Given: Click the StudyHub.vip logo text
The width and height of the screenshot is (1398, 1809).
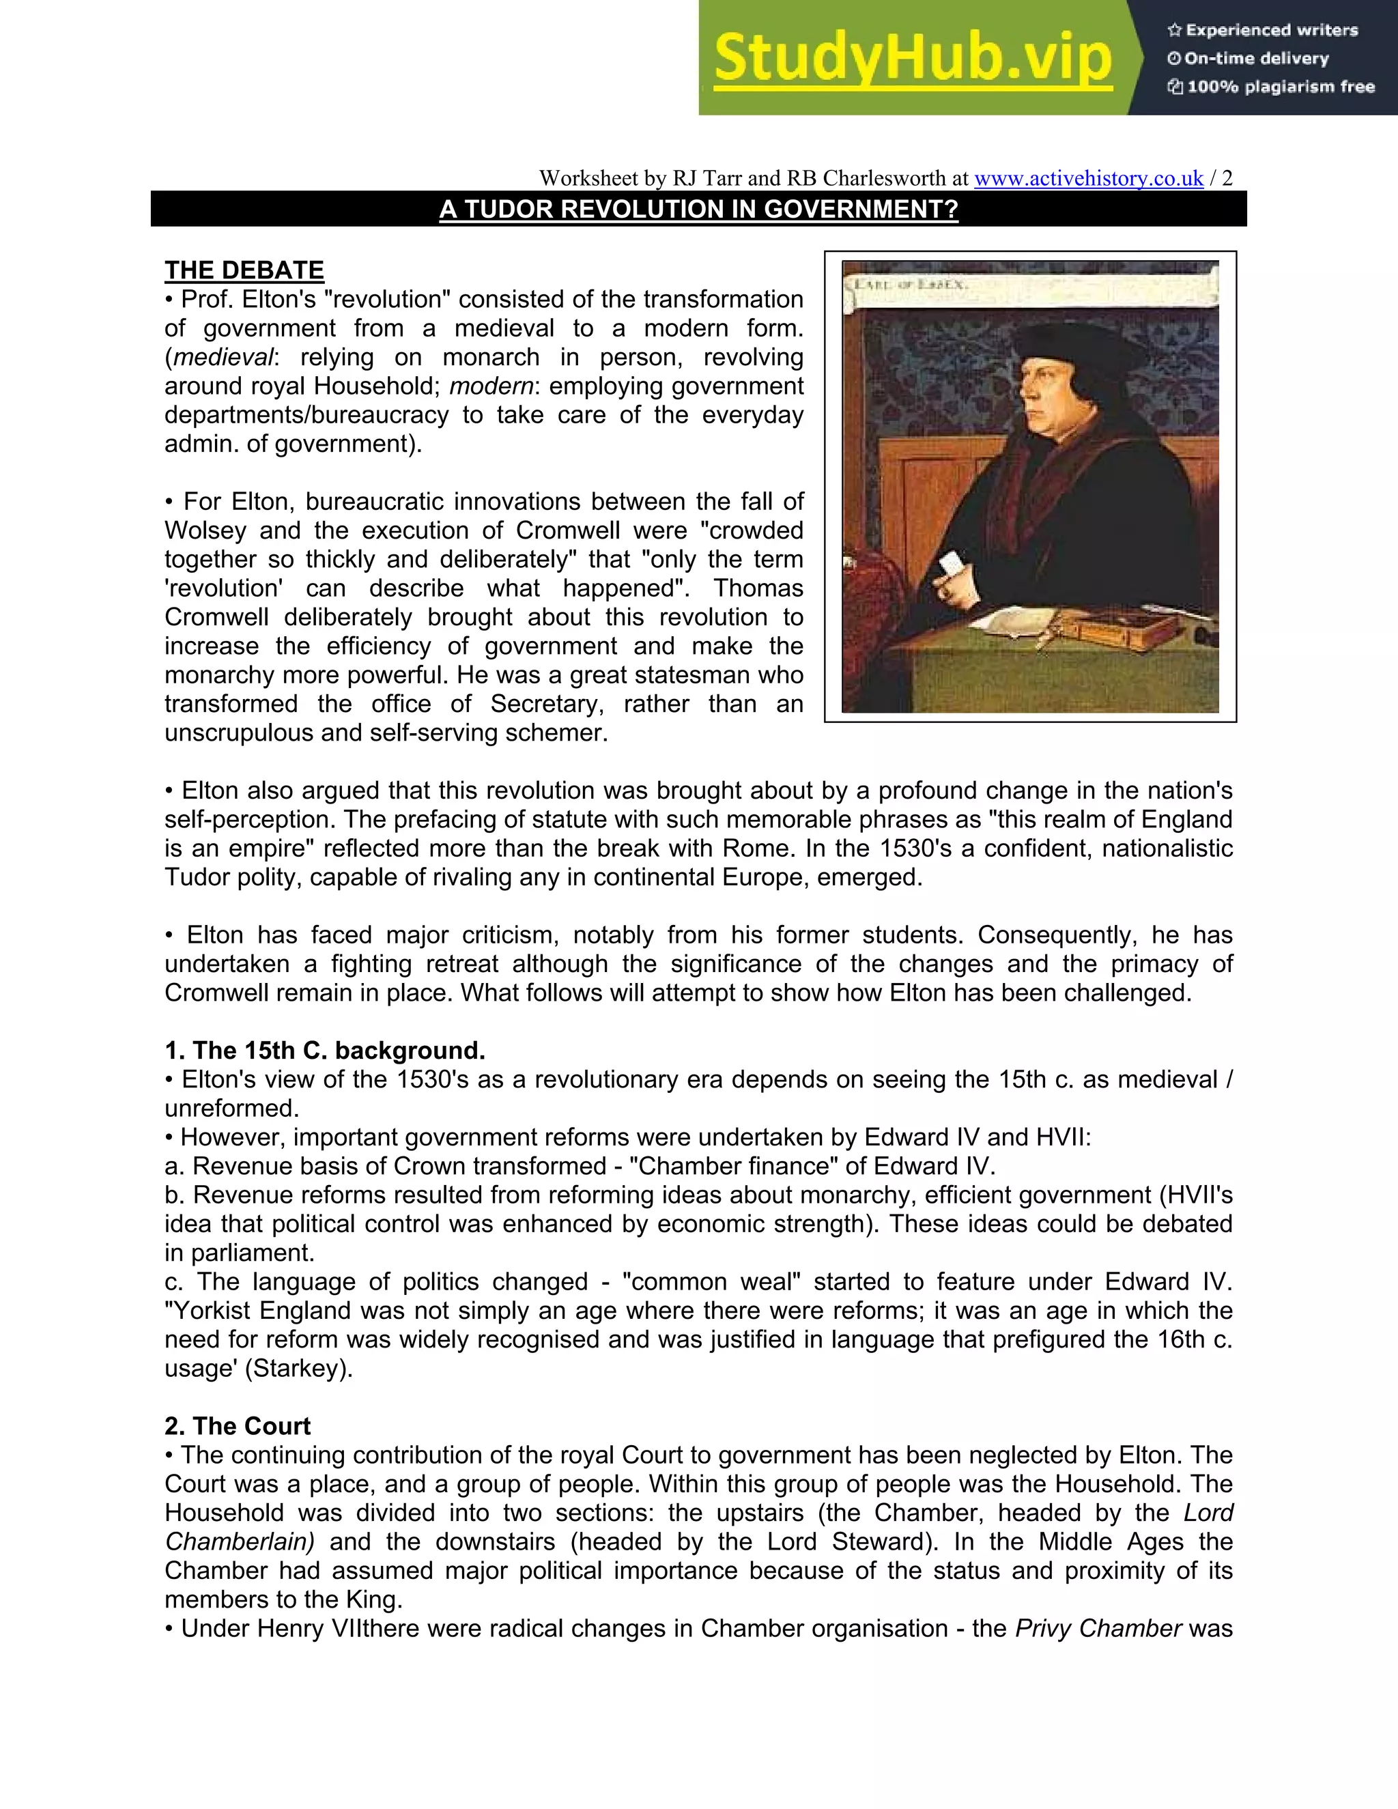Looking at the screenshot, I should [x=912, y=58].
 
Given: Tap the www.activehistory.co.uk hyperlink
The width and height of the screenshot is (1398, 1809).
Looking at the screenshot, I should [x=1088, y=178].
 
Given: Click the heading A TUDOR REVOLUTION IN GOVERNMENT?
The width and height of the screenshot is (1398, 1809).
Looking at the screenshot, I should [x=698, y=209].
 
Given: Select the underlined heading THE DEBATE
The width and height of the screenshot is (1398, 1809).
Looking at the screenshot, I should [x=244, y=270].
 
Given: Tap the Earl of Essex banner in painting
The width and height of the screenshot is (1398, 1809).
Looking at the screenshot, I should [x=911, y=285].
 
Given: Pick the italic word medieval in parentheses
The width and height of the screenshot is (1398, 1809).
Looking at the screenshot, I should [x=222, y=357].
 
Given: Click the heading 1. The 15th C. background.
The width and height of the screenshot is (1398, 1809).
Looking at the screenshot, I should [x=325, y=1051].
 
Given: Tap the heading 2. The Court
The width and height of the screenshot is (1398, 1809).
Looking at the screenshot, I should [x=237, y=1425].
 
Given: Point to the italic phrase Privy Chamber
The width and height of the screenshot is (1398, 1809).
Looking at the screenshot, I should [x=1098, y=1627].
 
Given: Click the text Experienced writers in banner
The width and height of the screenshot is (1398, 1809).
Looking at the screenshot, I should [x=1271, y=30].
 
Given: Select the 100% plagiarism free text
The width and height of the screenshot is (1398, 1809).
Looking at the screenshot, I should [x=1281, y=87].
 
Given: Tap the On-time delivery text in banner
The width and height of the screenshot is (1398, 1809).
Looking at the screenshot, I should [x=1255, y=59].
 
